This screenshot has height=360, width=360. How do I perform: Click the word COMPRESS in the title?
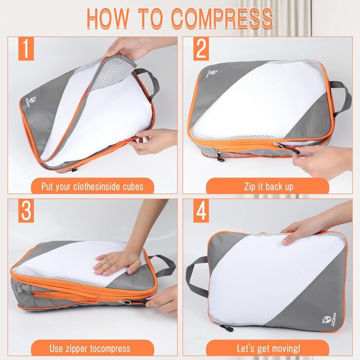click(222, 18)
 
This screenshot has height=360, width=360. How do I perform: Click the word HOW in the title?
click(109, 18)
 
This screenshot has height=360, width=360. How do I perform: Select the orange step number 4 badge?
click(201, 211)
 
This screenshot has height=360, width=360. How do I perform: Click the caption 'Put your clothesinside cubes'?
click(93, 186)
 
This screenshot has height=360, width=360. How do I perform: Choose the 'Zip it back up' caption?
click(268, 186)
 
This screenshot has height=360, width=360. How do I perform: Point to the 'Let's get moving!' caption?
click(268, 349)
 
